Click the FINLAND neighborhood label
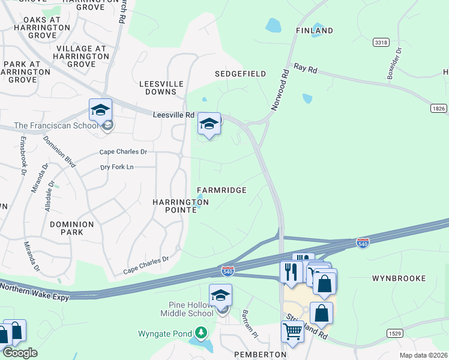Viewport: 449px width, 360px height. coord(314,30)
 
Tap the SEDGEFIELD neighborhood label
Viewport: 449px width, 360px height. coord(241,74)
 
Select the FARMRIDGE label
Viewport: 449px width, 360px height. coord(221,190)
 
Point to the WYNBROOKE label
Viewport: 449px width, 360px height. coord(399,278)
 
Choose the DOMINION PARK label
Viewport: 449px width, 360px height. coord(72,228)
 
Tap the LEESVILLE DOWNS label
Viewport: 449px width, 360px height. coord(158,88)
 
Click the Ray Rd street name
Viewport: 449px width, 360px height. coord(305,69)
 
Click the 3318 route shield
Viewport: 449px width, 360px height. coord(380,43)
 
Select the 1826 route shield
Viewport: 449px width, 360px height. coord(439,108)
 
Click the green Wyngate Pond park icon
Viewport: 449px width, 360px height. coord(201,333)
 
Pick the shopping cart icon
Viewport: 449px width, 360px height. coord(292,331)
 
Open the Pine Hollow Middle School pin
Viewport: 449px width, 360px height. coord(220,296)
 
